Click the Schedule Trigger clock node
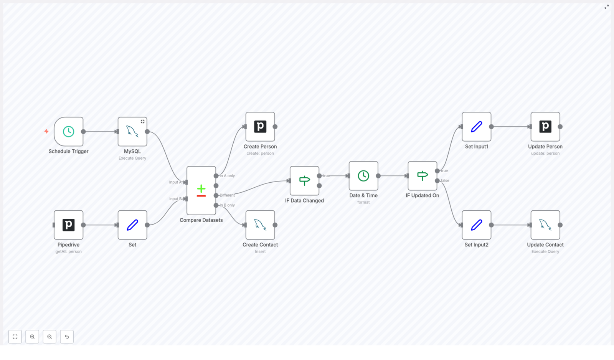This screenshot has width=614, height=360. [x=68, y=132]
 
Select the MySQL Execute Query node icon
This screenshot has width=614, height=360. [x=132, y=132]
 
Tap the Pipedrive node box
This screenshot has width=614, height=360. [x=68, y=225]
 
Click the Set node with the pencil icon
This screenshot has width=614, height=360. [x=132, y=225]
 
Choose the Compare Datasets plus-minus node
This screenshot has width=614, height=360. [x=201, y=190]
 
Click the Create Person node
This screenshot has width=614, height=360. [x=260, y=127]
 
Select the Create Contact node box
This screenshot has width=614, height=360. [x=260, y=225]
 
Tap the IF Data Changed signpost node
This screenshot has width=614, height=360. [x=304, y=181]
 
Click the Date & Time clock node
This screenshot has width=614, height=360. [x=363, y=176]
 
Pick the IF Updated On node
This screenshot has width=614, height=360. [x=422, y=176]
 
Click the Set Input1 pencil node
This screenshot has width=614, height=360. [x=476, y=127]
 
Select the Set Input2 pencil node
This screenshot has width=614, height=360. [x=476, y=225]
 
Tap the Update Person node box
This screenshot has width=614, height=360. [x=545, y=127]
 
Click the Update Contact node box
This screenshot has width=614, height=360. [x=545, y=225]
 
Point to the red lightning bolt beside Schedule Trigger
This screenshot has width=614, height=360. [x=46, y=131]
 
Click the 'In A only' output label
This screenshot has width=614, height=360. [x=227, y=176]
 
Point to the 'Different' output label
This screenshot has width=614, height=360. [x=227, y=195]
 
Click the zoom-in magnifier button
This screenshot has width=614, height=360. [x=32, y=337]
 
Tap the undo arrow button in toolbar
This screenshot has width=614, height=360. [x=67, y=337]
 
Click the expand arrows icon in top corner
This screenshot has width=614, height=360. [x=606, y=7]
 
